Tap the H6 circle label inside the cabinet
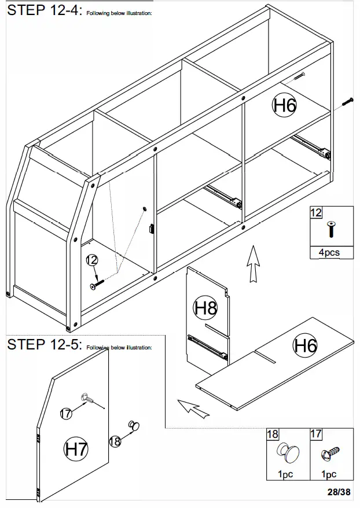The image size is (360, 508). click(x=285, y=105)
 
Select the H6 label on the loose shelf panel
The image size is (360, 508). click(x=305, y=346)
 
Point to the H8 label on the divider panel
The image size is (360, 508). click(x=205, y=308)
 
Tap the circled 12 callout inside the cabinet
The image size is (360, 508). click(x=90, y=260)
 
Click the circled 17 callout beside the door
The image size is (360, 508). click(x=67, y=413)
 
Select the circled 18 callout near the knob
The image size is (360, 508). click(x=115, y=441)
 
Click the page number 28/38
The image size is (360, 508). click(x=339, y=492)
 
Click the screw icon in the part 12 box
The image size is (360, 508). click(x=331, y=229)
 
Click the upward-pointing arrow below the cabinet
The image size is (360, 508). click(x=252, y=264)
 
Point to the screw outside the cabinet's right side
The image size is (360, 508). click(x=347, y=101)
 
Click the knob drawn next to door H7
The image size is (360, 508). click(x=136, y=426)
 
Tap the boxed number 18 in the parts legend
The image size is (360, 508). click(x=272, y=434)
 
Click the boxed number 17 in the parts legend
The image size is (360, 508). click(x=316, y=434)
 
